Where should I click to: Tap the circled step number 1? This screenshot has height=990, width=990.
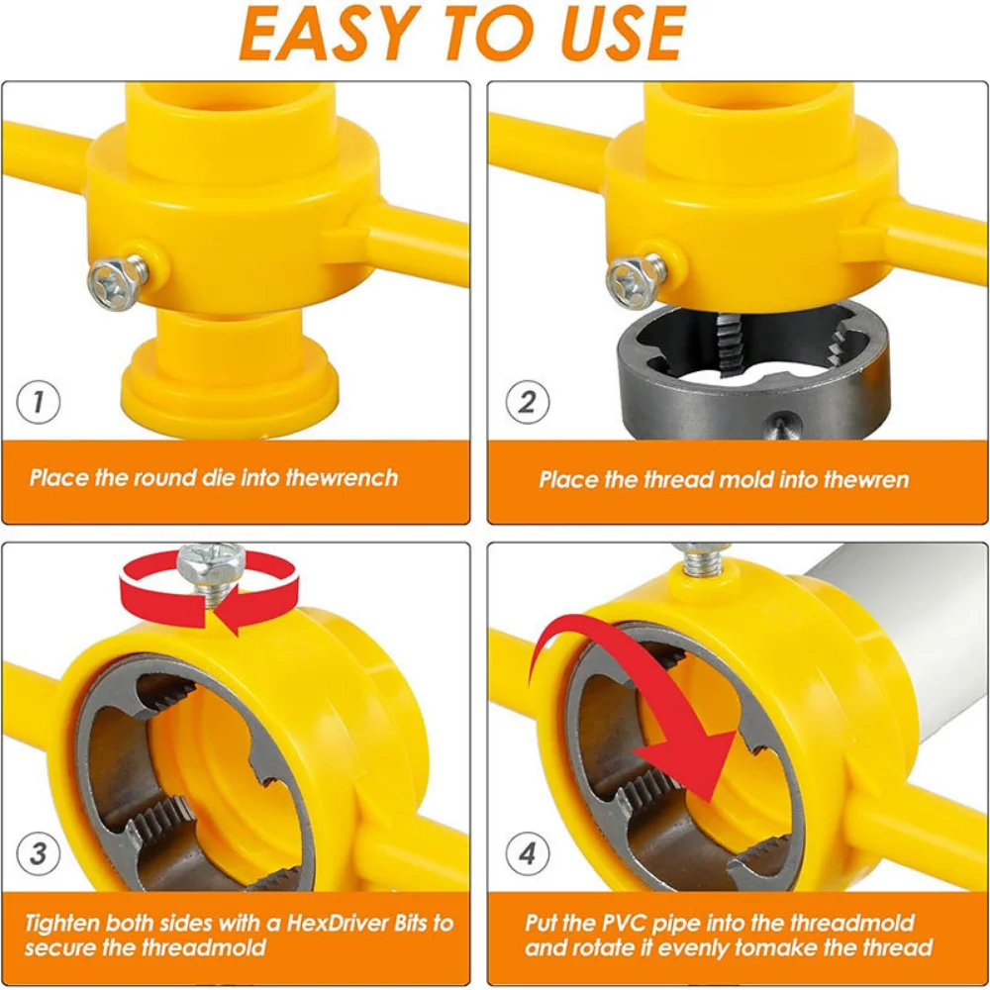coord(39,402)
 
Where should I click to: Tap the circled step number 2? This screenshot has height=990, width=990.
coord(528,402)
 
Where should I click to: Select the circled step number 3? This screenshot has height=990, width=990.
coord(39,853)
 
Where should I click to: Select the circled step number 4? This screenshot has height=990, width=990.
coord(528,853)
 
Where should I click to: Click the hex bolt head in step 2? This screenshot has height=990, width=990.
coord(631,282)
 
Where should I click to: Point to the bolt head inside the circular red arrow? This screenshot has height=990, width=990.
coord(210,564)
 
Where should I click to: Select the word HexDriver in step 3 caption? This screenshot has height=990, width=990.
coord(338,923)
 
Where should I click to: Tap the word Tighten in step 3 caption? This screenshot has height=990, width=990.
coord(62,925)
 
